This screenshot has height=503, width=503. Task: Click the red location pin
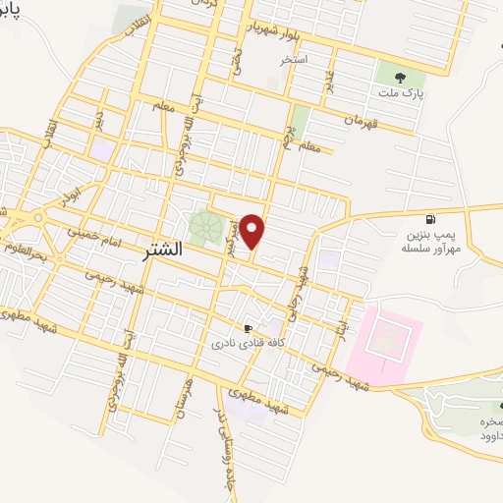pos(253,231)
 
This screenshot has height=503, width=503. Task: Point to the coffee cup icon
pos(249,328)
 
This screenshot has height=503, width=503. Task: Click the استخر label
pos(294,60)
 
